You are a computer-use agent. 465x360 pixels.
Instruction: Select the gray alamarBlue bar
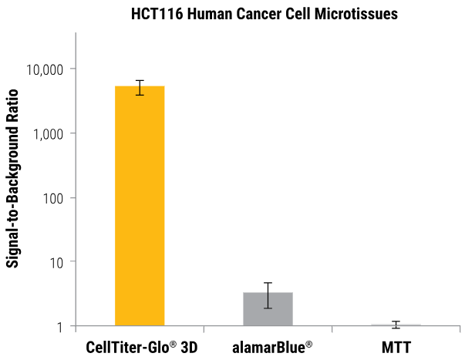[268, 309]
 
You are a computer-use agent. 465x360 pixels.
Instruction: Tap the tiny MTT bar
[396, 325]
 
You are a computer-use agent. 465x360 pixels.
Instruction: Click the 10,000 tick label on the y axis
[46, 70]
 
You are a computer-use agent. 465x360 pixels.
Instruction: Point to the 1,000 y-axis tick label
[49, 134]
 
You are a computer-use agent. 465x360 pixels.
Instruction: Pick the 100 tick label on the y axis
[54, 198]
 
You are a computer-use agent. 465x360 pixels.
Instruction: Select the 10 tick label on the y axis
[57, 262]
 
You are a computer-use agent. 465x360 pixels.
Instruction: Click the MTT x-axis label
[396, 347]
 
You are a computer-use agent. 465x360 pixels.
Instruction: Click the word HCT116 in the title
[154, 14]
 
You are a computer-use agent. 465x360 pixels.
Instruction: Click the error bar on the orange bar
[140, 87]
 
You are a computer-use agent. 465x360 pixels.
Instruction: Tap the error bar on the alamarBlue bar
[268, 295]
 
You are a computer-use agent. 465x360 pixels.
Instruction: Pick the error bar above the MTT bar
[396, 324]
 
